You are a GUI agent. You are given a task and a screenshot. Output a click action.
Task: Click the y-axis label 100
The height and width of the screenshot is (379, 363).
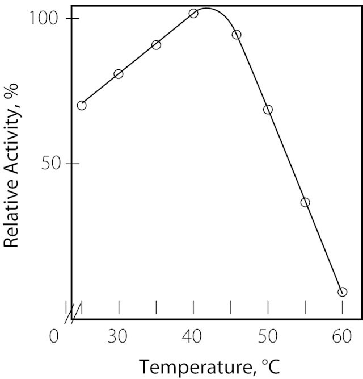(x=44, y=18)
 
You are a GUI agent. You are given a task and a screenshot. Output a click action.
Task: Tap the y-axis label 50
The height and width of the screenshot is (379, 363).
(x=50, y=164)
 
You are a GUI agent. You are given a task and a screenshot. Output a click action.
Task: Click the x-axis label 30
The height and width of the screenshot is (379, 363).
(x=117, y=337)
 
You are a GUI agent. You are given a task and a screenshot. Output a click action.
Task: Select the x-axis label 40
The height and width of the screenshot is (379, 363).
(x=192, y=337)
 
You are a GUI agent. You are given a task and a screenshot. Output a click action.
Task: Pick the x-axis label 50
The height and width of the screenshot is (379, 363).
(x=268, y=337)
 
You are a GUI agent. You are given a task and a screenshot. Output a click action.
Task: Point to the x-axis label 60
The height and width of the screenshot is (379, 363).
(x=342, y=337)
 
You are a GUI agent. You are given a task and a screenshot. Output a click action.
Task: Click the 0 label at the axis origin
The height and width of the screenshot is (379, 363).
(x=54, y=337)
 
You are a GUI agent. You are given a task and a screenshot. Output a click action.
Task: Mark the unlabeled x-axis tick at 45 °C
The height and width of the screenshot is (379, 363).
(x=231, y=307)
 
